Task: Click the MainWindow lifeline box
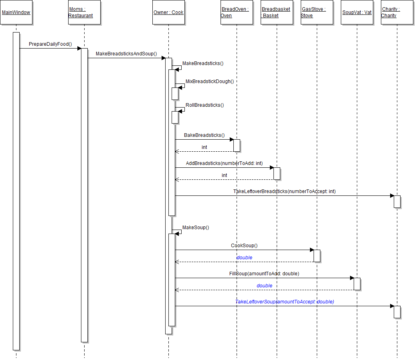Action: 16,12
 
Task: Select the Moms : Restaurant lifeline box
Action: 84,12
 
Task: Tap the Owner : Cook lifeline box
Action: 168,12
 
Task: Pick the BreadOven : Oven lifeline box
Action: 237,12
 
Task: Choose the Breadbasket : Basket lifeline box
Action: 277,12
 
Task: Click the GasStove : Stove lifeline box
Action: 317,12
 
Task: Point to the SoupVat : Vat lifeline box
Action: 357,12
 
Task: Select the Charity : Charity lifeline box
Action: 397,12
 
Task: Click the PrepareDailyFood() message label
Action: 50,44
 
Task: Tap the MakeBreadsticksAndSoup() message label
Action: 126,54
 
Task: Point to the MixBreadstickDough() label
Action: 209,81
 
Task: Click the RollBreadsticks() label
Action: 204,105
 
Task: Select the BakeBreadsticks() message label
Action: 204,135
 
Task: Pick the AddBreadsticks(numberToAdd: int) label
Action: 224,163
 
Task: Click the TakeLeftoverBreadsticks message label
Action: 284,191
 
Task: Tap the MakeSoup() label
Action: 196,228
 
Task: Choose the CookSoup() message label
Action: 244,246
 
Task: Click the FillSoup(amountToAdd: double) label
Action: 264,274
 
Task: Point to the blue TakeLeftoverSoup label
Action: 284,301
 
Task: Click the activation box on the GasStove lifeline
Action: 317,256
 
